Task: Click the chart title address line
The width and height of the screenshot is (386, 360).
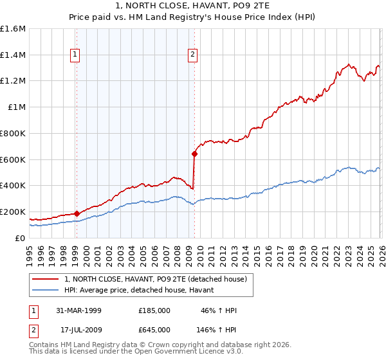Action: (193, 6)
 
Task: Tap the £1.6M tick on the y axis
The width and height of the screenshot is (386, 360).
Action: (13, 29)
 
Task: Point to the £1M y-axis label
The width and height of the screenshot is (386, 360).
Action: (17, 107)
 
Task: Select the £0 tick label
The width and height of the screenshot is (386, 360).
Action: (21, 238)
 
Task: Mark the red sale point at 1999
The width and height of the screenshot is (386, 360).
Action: (77, 213)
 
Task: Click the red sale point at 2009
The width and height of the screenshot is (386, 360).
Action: (194, 154)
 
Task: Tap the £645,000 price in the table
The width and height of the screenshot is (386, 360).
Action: (154, 330)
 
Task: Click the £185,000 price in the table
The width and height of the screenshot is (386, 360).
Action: (154, 310)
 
